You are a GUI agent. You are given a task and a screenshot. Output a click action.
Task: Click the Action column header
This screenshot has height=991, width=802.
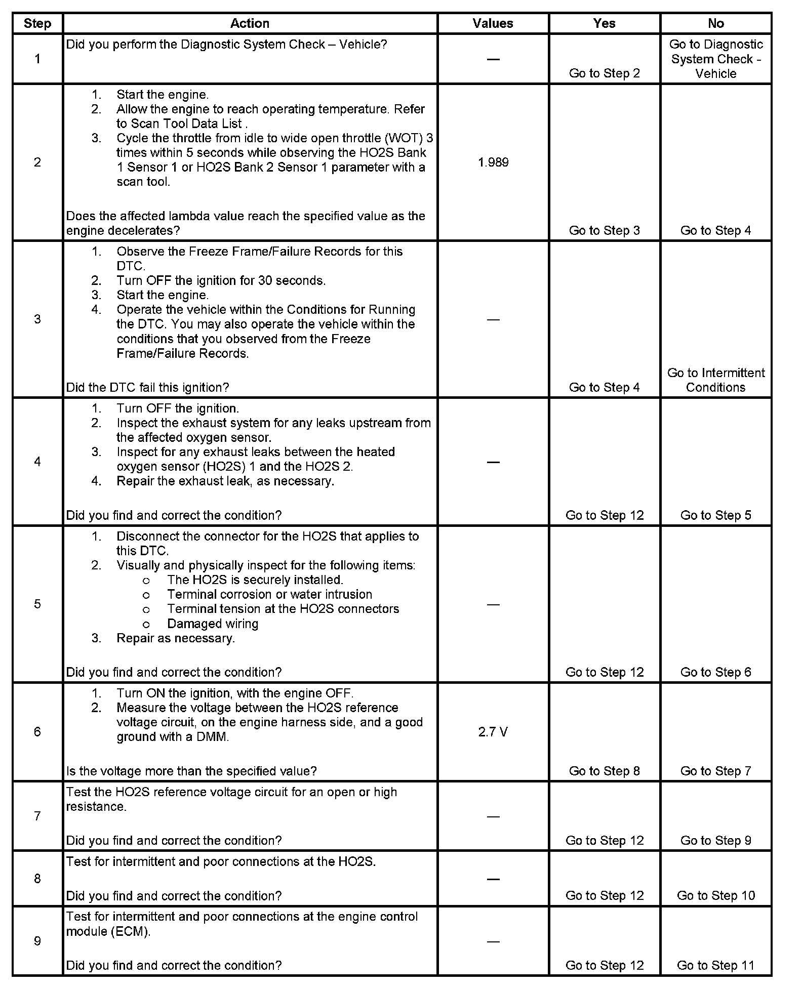point(250,24)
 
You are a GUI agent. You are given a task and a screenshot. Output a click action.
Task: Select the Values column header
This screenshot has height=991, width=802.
point(493,24)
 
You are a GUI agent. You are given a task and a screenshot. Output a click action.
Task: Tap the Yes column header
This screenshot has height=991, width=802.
point(604,24)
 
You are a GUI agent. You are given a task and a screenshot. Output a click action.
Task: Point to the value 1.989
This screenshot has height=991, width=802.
point(493,162)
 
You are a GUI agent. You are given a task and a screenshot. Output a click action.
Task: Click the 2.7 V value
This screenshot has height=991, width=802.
point(493,732)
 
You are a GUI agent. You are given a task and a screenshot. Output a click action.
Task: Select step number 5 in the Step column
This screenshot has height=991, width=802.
point(37,604)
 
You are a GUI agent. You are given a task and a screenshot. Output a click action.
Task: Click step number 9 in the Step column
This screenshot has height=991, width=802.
point(37,941)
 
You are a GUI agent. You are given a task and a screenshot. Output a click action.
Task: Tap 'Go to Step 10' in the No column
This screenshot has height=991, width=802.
point(715,895)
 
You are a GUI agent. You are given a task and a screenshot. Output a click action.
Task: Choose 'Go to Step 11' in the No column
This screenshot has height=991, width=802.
point(715,965)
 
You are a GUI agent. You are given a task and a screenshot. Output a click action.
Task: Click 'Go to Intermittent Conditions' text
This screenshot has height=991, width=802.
point(715,380)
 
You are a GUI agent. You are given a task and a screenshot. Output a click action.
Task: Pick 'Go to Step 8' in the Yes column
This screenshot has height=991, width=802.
point(604,771)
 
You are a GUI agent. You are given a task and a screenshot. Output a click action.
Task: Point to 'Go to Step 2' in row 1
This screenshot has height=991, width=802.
point(604,73)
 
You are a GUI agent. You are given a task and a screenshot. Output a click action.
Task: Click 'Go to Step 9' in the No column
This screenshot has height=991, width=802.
point(715,840)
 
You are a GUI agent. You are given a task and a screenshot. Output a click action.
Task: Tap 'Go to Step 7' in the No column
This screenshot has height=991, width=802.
point(715,771)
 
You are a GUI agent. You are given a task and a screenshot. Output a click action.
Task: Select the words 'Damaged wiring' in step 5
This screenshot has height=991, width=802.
point(213,624)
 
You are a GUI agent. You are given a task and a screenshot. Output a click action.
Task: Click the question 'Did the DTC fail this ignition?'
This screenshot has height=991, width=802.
point(147,388)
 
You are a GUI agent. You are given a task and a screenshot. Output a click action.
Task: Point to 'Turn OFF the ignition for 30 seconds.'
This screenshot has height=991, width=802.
point(221,280)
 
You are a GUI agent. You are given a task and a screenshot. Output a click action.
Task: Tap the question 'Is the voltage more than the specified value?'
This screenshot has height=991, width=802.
point(191,771)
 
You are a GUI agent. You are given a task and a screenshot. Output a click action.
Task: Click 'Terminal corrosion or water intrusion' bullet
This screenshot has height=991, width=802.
point(269,594)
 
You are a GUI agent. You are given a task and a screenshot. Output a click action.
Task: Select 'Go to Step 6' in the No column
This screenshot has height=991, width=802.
point(715,672)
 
